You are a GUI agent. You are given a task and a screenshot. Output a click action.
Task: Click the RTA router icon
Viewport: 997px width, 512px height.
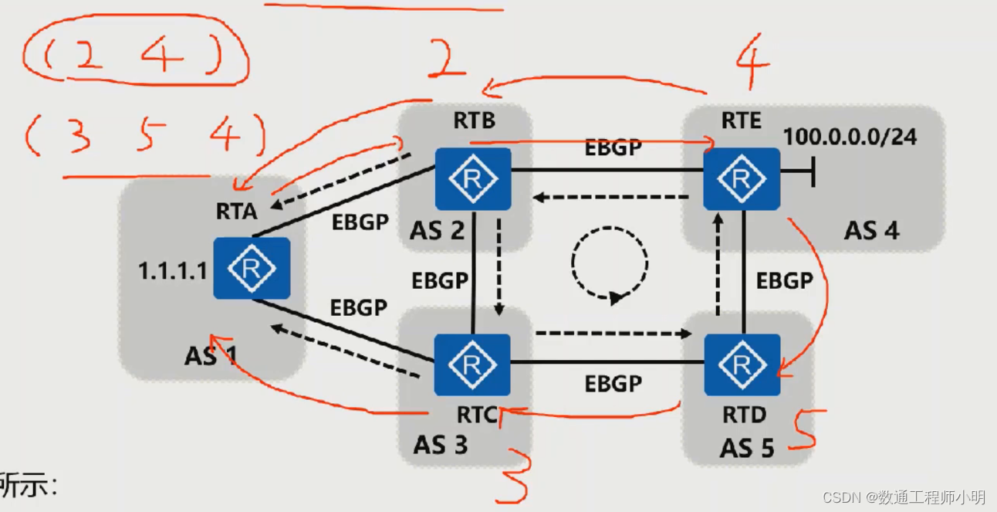[x=252, y=268]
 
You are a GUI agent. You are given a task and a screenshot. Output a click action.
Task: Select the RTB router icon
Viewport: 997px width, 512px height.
[x=473, y=179]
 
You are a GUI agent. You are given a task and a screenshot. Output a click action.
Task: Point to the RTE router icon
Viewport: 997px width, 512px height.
[x=742, y=179]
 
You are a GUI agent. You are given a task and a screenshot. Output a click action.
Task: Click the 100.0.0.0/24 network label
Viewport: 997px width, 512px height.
[x=850, y=137]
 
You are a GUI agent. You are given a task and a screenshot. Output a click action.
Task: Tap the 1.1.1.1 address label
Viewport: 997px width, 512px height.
[x=173, y=271]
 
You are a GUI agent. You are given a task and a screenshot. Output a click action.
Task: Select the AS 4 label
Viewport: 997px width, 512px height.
[x=871, y=229]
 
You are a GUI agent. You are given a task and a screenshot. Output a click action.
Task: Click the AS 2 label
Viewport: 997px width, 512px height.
[x=437, y=229]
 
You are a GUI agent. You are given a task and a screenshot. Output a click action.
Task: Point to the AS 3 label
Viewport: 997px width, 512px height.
[x=441, y=445]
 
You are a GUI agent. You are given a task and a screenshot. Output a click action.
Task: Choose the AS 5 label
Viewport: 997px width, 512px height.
[x=747, y=448]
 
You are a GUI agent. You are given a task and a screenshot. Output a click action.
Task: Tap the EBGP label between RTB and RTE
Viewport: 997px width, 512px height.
[x=613, y=147]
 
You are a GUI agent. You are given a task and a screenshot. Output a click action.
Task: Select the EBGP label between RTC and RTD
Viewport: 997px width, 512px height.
[x=613, y=384]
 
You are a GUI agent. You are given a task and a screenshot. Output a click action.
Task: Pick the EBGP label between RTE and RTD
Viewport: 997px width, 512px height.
[x=785, y=280]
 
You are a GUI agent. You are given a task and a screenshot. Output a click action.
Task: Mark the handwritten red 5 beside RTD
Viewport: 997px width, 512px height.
[x=806, y=430]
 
